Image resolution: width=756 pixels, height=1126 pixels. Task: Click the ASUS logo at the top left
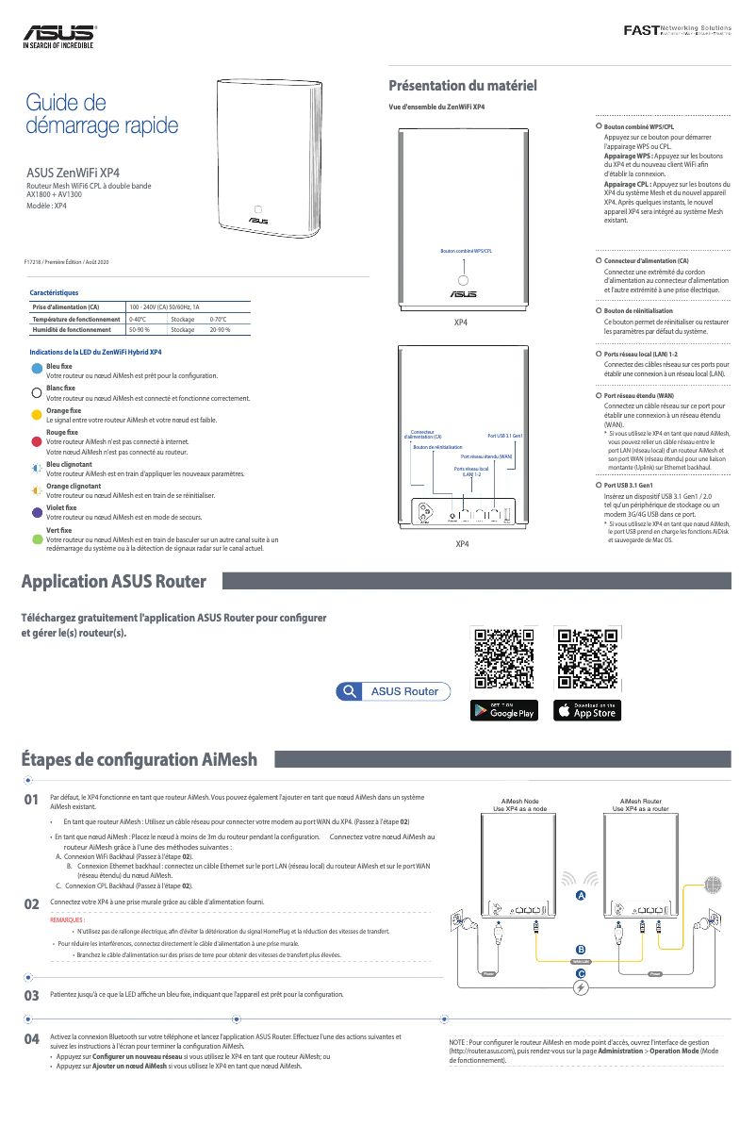click(x=59, y=37)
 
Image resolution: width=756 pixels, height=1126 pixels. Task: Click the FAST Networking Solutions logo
click(x=677, y=32)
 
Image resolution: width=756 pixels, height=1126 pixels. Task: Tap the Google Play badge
click(x=503, y=710)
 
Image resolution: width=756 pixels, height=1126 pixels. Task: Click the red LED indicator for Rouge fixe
click(x=37, y=440)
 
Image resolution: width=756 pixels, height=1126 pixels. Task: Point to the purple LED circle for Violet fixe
click(x=37, y=513)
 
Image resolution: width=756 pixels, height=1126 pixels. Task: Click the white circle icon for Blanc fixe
click(x=37, y=392)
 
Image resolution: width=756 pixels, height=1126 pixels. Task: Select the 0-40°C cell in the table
click(x=145, y=320)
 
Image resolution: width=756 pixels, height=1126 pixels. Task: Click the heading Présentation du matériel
click(x=463, y=86)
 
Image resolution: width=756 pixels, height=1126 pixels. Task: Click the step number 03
click(x=31, y=995)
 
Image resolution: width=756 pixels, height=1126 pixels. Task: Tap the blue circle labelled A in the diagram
click(x=581, y=893)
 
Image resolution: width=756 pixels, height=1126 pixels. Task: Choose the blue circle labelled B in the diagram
click(x=581, y=949)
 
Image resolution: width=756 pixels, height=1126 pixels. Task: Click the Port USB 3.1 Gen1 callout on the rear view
click(x=504, y=436)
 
